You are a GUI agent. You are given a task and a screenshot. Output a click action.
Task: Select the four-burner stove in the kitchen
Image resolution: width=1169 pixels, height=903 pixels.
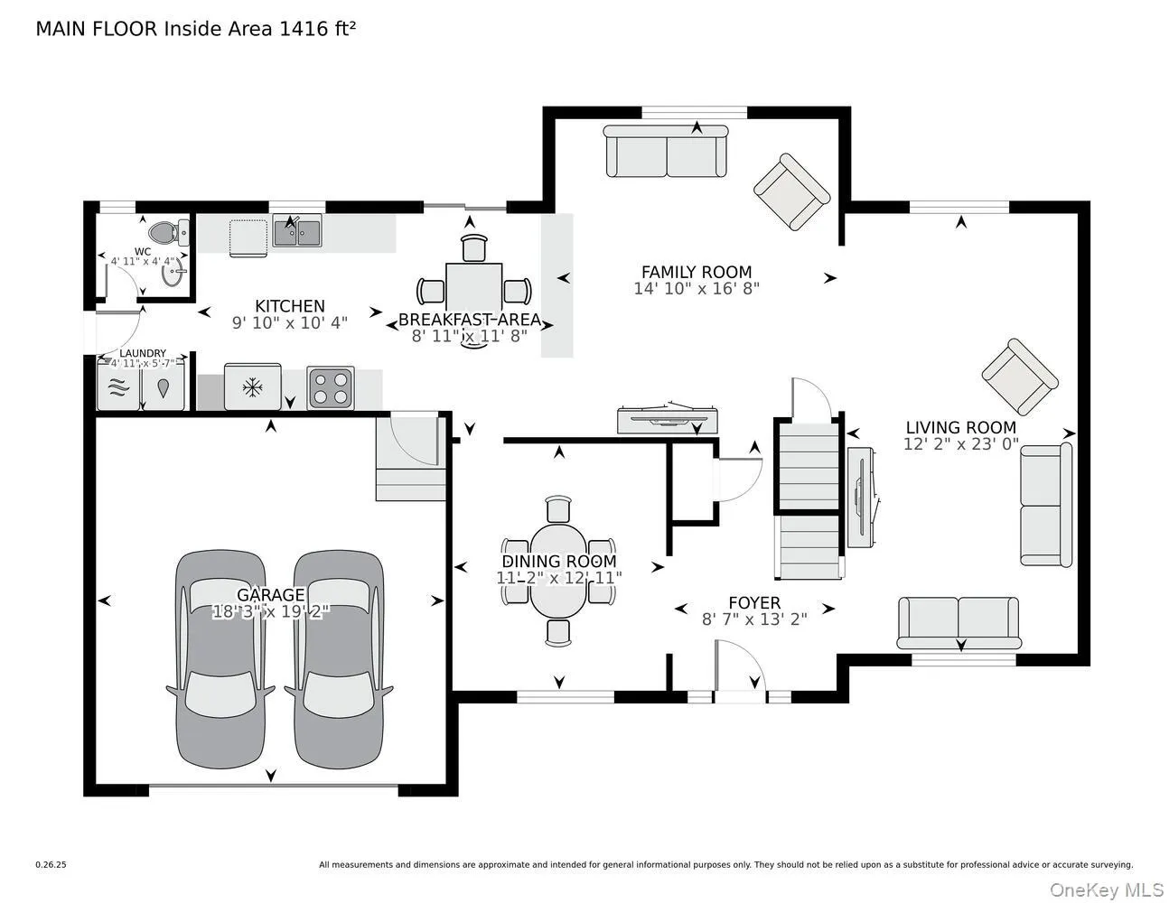[331, 388]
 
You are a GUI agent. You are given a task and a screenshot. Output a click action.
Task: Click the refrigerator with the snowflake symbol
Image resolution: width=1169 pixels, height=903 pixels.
[252, 388]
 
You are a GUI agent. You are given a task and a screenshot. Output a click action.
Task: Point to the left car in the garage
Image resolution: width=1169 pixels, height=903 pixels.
[220, 659]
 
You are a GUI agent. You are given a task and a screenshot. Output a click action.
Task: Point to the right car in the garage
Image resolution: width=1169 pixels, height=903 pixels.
[338, 659]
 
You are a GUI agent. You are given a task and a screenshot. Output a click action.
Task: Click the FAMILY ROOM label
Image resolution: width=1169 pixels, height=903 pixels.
[696, 272]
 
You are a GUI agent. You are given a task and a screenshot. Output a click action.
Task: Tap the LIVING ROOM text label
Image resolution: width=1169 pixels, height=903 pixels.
[960, 428]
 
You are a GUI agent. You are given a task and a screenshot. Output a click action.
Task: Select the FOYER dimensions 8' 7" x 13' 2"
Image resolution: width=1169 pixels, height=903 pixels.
[754, 619]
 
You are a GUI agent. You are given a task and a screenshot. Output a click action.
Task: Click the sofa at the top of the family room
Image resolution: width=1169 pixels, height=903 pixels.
[666, 152]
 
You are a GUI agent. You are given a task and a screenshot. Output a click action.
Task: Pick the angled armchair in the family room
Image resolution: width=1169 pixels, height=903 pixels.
[791, 191]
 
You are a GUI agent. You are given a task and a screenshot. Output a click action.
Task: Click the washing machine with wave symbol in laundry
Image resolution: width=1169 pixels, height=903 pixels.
[118, 388]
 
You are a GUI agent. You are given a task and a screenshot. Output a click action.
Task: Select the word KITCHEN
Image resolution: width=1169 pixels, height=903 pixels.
[289, 306]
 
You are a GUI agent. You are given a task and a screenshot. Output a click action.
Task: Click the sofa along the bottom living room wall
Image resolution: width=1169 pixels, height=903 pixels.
[958, 622]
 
